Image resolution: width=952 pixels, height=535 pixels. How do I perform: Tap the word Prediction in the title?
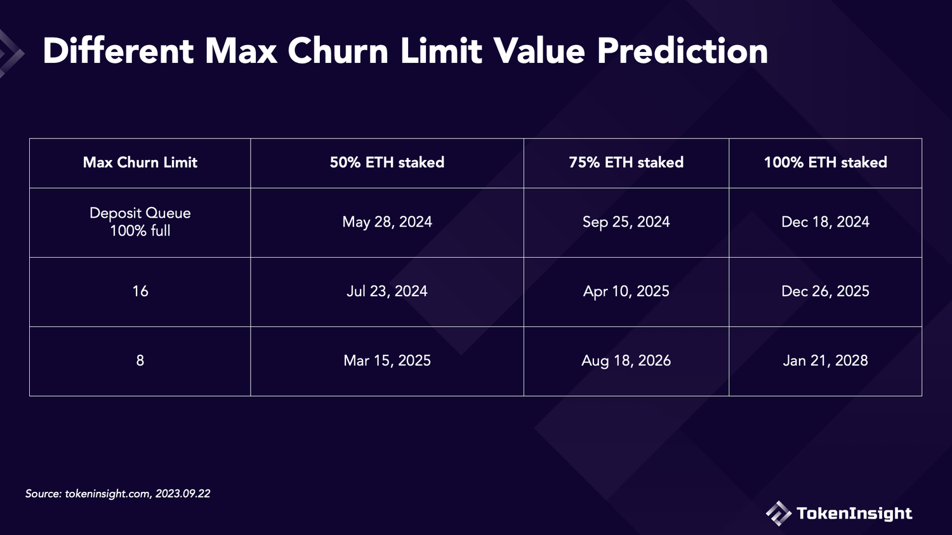682,51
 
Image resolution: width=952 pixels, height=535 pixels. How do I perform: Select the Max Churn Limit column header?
140,162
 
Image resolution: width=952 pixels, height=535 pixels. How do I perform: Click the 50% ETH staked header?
387,162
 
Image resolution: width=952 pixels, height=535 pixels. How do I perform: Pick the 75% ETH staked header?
626,162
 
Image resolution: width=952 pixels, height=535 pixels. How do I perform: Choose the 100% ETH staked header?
825,162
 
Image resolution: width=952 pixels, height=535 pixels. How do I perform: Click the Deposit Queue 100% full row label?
140,222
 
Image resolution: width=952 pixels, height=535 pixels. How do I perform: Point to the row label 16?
140,291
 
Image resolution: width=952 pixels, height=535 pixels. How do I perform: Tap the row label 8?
140,360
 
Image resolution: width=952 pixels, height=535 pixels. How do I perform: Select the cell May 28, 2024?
387,222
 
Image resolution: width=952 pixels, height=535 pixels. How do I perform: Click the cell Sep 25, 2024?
626,222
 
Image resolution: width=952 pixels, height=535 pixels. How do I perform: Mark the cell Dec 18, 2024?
825,222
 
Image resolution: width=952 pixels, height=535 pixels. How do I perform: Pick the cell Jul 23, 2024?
387,291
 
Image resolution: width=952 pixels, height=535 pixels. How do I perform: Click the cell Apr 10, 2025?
626,291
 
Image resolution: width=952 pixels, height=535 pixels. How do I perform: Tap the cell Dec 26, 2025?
825,291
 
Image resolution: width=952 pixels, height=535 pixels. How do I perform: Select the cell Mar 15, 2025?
387,360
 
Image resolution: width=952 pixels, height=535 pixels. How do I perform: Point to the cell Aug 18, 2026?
626,360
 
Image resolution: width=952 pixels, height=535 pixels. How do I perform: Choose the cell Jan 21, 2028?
825,360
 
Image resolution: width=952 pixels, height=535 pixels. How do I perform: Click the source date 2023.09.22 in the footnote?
183,493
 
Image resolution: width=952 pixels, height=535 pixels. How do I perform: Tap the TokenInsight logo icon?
778,513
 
